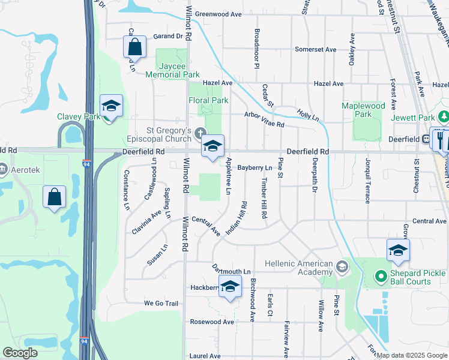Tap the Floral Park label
(208, 100)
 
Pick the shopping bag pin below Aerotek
(54, 197)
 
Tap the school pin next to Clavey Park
(111, 107)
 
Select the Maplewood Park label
(363, 110)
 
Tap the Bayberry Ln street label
(255, 168)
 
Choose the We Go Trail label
(161, 304)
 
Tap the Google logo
(20, 353)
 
